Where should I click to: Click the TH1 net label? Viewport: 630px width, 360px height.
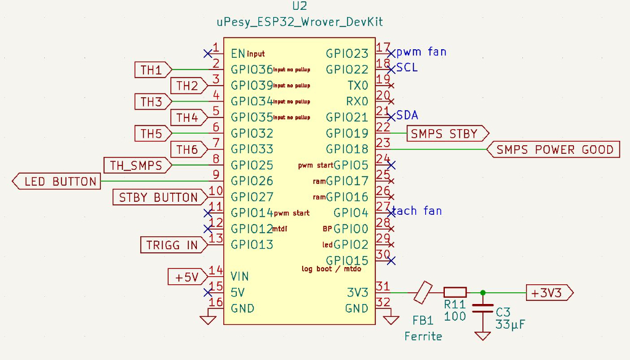(x=151, y=70)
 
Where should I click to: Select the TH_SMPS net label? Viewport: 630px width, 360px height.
(x=136, y=166)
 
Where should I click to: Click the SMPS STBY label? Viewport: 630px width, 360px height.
(x=444, y=134)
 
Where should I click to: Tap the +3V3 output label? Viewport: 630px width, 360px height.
(x=548, y=293)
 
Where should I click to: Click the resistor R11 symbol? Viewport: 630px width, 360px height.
(x=455, y=292)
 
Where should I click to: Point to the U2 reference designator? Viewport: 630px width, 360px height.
(x=300, y=7)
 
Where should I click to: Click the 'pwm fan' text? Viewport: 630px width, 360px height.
(x=421, y=52)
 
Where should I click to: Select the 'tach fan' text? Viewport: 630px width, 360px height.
(x=417, y=211)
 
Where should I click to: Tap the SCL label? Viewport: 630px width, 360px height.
(x=407, y=67)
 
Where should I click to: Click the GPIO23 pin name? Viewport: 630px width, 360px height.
(x=347, y=54)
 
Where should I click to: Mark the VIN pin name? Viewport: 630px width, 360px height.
(x=239, y=275)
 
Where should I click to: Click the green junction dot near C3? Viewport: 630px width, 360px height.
(x=482, y=292)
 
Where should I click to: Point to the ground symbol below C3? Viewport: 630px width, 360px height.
(x=482, y=335)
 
